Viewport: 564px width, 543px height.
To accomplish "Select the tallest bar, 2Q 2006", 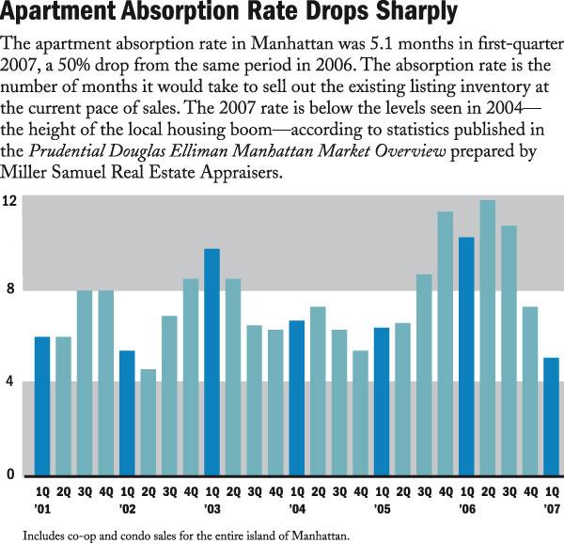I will click(487, 337).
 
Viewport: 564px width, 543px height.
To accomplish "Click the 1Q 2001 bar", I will click(42, 406).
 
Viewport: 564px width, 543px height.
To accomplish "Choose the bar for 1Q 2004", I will click(296, 397).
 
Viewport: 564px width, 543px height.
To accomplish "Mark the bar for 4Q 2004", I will click(360, 412).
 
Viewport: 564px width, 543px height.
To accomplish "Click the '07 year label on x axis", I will click(551, 508).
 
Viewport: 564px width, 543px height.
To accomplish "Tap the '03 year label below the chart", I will click(211, 508).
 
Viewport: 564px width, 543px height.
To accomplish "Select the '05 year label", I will click(381, 508).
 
